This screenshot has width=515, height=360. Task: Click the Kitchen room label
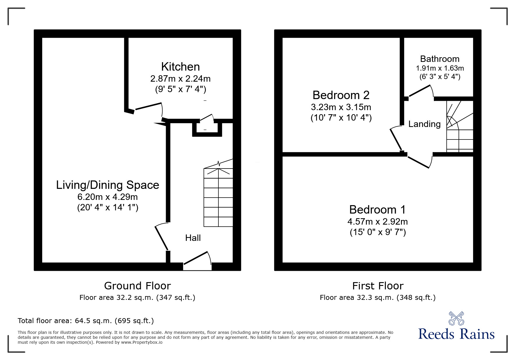181,67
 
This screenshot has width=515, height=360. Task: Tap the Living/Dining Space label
108,185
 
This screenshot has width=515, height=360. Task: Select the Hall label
193,238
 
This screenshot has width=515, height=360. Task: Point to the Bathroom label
440,59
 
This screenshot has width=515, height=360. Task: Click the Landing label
425,124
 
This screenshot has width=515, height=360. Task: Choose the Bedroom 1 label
377,209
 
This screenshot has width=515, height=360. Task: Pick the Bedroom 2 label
341,95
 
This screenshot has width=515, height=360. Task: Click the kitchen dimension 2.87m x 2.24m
181,79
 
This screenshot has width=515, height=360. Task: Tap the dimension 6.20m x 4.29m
108,197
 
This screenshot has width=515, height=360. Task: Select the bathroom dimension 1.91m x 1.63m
440,68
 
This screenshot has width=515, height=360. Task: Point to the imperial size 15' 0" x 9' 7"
377,232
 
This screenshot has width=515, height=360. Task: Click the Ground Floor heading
137,286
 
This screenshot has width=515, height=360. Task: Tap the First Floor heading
378,286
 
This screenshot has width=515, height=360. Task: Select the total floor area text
86,321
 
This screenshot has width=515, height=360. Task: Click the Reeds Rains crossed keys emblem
457,318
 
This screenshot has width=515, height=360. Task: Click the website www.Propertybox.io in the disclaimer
142,342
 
